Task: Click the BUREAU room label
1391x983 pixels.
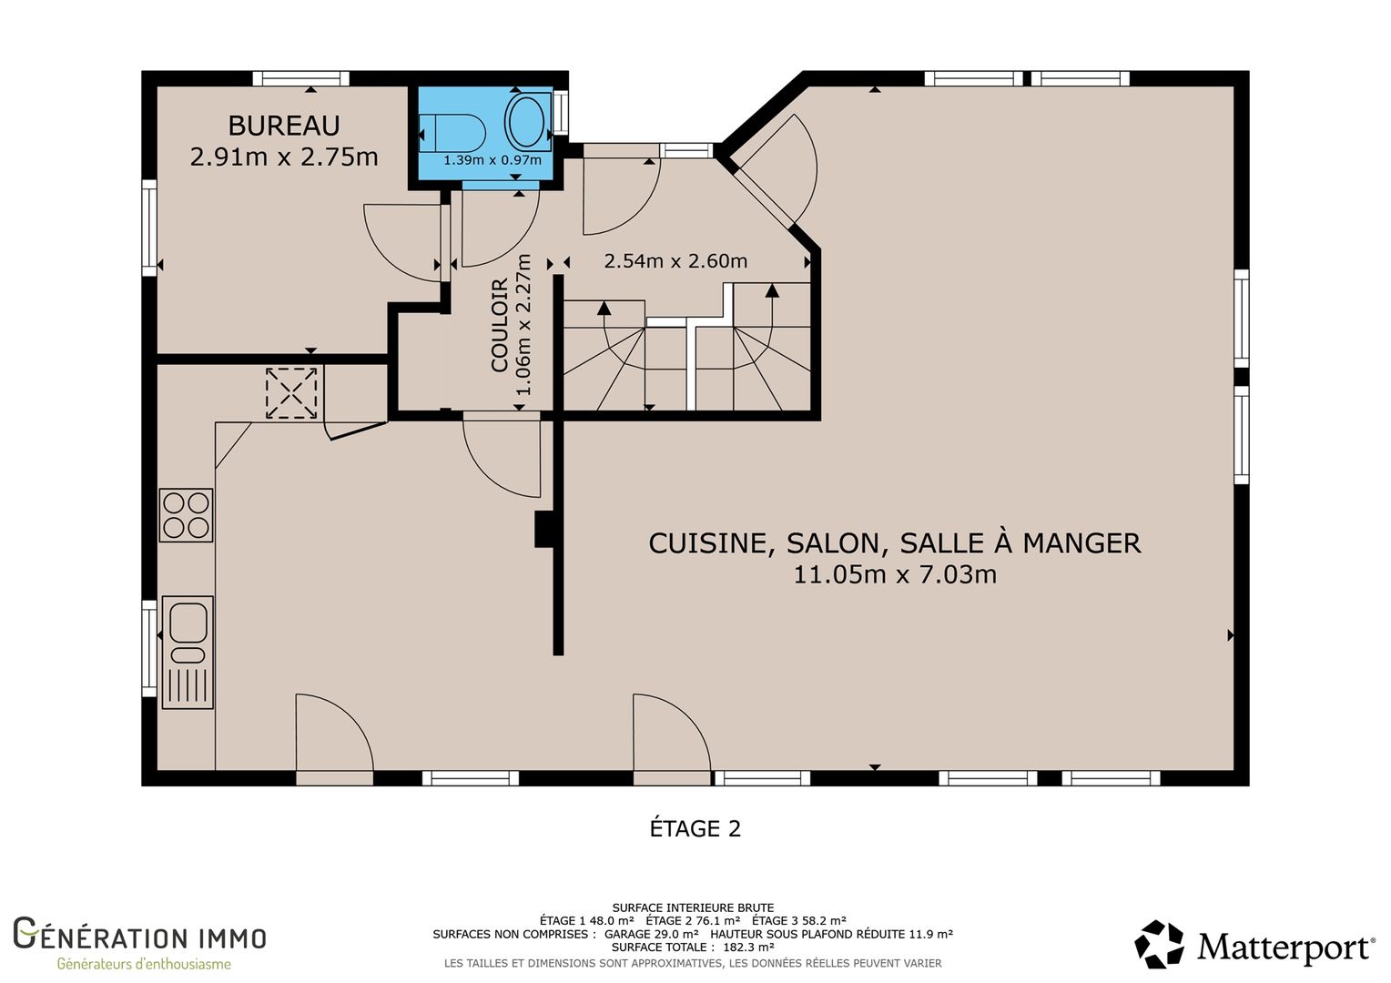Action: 284,126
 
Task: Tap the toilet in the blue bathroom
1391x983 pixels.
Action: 452,132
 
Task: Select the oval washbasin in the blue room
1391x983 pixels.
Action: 526,121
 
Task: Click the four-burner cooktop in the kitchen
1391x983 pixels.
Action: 186,515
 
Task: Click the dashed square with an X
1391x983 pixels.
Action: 291,393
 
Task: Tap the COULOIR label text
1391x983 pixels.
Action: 500,325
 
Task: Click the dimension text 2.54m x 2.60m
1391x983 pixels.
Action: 675,261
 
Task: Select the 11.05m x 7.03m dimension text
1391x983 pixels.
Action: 895,574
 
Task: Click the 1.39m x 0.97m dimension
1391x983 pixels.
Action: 492,160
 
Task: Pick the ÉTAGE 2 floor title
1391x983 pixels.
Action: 695,829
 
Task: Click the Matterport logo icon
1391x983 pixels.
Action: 1159,945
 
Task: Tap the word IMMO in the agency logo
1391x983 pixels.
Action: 232,938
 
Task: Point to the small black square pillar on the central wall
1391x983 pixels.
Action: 544,530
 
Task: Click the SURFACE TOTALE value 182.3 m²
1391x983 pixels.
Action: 749,947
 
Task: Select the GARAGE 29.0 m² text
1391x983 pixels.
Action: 652,934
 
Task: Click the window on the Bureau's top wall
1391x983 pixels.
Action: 301,79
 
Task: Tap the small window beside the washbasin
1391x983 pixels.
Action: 561,113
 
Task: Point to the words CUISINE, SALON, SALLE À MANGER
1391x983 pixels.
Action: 895,543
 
